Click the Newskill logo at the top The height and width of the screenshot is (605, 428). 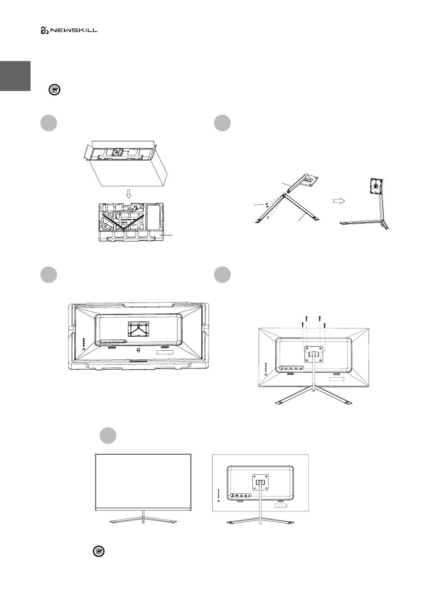point(69,31)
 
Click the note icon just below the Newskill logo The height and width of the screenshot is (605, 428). point(54,90)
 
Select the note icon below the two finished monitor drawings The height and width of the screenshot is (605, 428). point(99,551)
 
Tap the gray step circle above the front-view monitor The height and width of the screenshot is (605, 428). point(108,435)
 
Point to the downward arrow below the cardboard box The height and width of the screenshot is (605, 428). point(128,194)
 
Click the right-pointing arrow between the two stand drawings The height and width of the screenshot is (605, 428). point(339,201)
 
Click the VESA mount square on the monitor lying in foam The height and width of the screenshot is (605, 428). point(139,329)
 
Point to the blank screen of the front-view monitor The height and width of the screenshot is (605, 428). point(143,480)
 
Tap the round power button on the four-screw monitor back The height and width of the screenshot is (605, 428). point(265,374)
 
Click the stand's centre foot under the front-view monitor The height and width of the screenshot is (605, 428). point(143,522)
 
